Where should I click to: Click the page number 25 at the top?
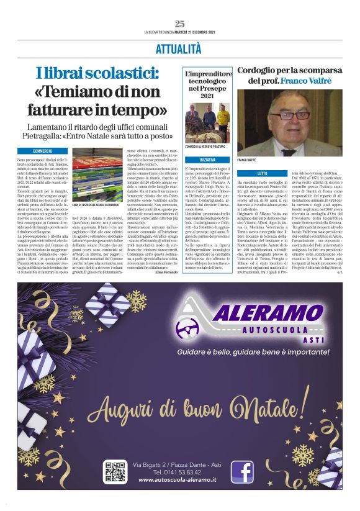179,24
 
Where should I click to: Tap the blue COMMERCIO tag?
43,151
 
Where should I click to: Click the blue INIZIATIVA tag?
207,160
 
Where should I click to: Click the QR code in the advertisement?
115,472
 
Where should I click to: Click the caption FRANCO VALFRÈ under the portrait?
247,160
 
